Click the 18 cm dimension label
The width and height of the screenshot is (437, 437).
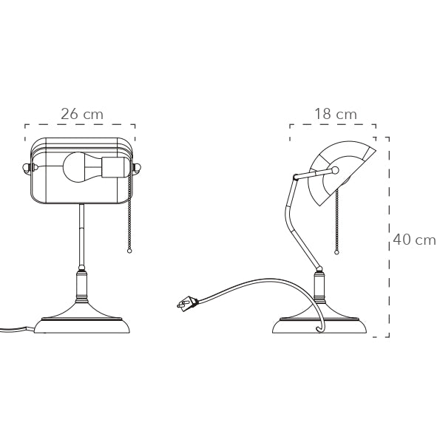[x=335, y=114]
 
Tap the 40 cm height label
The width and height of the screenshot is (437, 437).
[x=414, y=240]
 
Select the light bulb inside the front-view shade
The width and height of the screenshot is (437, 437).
[x=78, y=167]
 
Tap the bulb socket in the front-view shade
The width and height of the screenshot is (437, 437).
[x=113, y=167]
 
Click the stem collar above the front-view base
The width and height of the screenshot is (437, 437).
[x=81, y=284]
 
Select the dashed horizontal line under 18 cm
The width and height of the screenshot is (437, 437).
[x=333, y=125]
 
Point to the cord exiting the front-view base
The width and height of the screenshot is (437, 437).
[x=15, y=330]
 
